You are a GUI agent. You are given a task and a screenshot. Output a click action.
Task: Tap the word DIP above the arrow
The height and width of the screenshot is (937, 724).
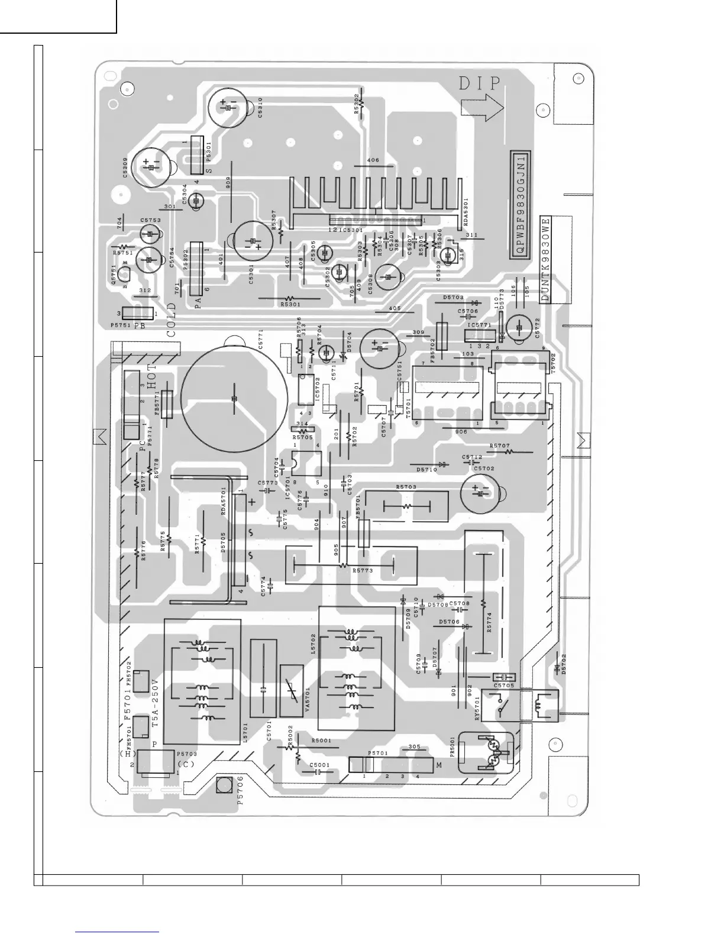(479, 83)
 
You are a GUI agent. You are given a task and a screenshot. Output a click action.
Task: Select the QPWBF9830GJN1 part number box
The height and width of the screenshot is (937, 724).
(521, 205)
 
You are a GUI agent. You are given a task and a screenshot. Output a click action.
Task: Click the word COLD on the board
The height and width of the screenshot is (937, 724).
(171, 320)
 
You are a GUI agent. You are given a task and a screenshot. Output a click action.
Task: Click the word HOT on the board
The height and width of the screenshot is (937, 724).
(153, 376)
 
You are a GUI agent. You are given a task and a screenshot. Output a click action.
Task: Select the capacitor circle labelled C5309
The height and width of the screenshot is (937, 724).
(151, 166)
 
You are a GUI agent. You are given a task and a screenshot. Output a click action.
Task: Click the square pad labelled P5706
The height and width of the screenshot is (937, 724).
(224, 785)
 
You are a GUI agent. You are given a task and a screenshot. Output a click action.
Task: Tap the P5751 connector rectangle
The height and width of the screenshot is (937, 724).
(138, 314)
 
